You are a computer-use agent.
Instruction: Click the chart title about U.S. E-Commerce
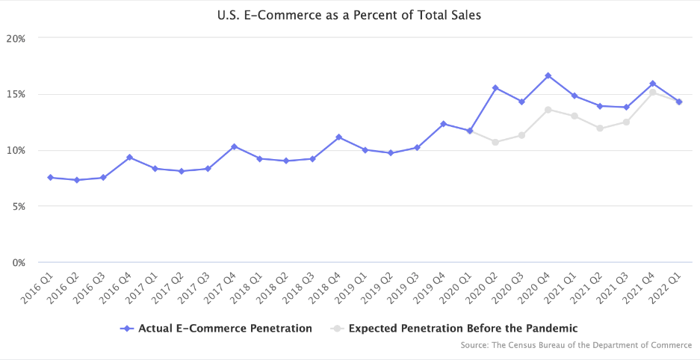tap(350, 14)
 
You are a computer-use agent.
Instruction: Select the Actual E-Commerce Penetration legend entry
tap(216, 328)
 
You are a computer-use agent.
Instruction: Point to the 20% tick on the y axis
tap(16, 38)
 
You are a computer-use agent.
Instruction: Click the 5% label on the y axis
tap(19, 206)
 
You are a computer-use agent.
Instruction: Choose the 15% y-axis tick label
tap(16, 94)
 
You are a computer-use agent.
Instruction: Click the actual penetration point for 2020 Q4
tap(548, 75)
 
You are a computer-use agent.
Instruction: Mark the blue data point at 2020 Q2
tap(495, 88)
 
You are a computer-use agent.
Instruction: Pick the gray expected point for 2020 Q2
tap(495, 142)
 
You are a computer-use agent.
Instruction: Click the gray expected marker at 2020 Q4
tap(548, 110)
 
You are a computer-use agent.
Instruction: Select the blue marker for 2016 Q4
tap(129, 158)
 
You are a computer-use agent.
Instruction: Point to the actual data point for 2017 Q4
tap(234, 146)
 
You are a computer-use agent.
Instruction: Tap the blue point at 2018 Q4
tap(338, 137)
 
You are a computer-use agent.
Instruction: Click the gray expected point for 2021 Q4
tap(652, 93)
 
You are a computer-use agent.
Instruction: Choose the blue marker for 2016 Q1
tap(50, 178)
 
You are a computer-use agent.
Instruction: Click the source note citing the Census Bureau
tap(576, 345)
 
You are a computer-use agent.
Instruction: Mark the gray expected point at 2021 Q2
tap(600, 128)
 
